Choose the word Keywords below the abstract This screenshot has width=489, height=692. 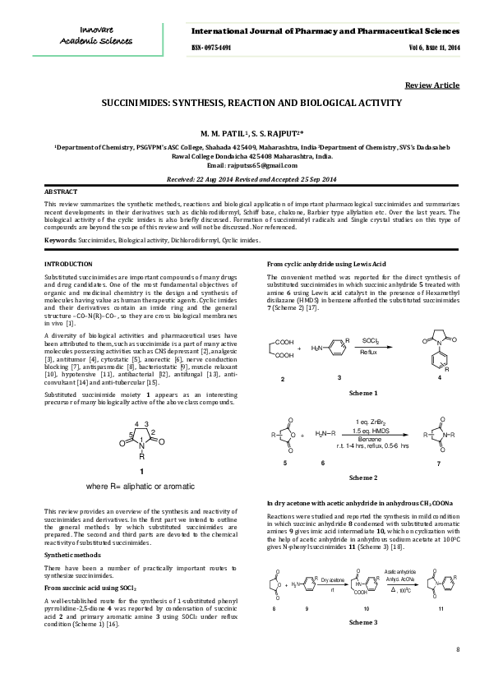point(59,240)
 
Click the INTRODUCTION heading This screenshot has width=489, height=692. point(67,263)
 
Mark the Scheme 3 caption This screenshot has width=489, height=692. point(363,622)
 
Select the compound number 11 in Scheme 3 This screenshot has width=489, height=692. point(441,609)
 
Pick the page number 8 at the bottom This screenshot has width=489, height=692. point(457,650)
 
